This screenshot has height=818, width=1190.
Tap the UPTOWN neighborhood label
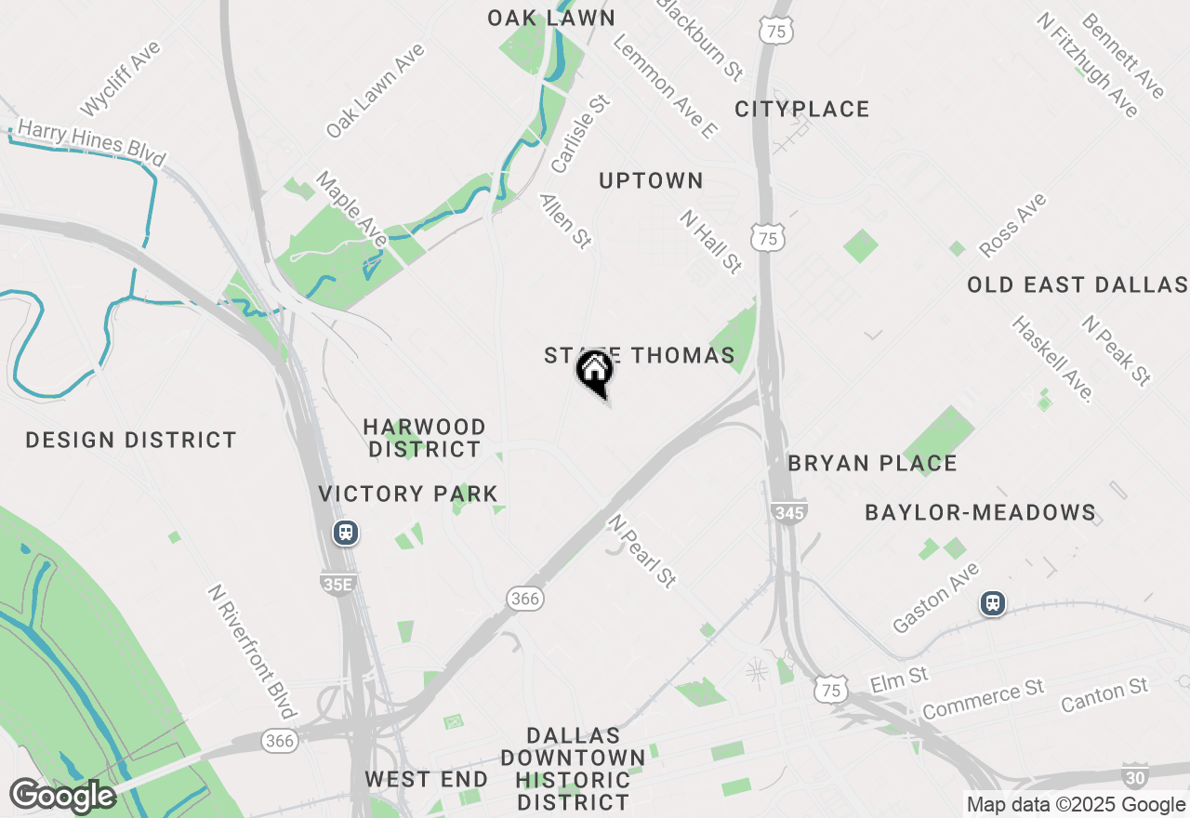651,180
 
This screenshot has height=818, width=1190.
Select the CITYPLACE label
802,109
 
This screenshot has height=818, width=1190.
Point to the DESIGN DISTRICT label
131,440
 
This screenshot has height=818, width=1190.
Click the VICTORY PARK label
408,494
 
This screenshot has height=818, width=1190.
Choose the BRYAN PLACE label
872,463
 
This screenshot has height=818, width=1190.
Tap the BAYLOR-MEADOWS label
980,512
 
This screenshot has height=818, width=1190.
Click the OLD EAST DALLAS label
1078,284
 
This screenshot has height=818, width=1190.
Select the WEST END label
426,779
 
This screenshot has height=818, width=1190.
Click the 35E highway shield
337,583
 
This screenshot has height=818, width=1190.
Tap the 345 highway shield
788,511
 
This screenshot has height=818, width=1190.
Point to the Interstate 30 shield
1135,775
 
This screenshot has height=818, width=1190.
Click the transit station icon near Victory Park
346,534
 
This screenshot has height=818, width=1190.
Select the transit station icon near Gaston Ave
994,604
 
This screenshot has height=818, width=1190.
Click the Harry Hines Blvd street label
91,143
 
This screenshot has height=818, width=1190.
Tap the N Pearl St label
641,550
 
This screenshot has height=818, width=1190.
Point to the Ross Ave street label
1012,225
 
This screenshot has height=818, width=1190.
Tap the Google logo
63,796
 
